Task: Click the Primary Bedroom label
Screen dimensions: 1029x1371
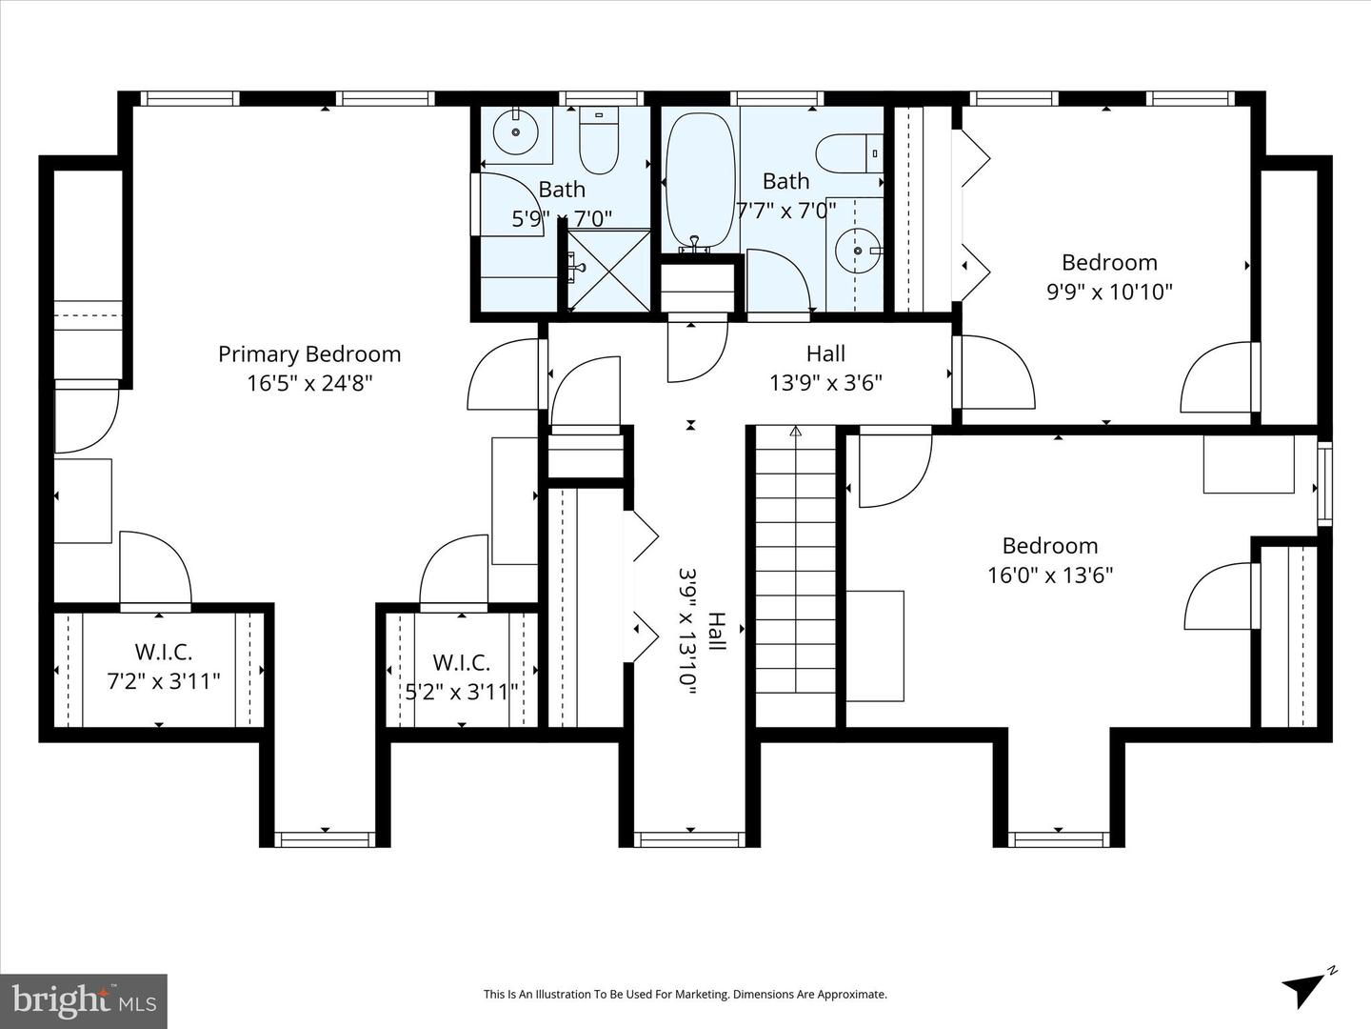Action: (x=309, y=354)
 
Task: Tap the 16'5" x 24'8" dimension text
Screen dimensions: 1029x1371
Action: (x=309, y=383)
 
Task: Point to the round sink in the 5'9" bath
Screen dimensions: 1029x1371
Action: (x=516, y=131)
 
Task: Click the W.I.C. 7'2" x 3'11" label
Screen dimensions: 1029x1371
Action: (x=164, y=667)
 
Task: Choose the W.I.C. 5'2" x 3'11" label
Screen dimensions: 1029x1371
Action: (x=462, y=676)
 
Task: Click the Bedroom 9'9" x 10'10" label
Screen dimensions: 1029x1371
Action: (x=1109, y=276)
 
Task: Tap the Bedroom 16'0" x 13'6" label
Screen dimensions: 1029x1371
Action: (x=1049, y=560)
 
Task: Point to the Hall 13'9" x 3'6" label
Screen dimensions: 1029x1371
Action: (x=825, y=368)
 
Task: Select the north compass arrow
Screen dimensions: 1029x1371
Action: (x=1306, y=988)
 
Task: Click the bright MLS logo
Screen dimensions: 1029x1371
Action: (x=84, y=1000)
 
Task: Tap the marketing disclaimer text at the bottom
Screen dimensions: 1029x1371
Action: (x=685, y=995)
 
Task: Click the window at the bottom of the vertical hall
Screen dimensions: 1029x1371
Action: (x=689, y=838)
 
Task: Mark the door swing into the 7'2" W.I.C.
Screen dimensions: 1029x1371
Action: (x=154, y=569)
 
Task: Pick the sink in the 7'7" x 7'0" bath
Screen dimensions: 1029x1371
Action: (x=856, y=251)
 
